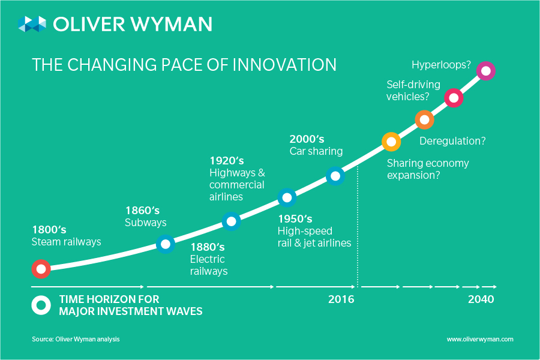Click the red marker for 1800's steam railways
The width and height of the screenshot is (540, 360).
click(x=41, y=269)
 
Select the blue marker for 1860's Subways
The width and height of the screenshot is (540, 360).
click(x=166, y=244)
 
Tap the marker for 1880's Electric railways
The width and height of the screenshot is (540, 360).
click(x=232, y=221)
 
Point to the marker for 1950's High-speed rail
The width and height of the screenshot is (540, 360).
click(x=287, y=197)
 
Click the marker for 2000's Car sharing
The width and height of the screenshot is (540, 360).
click(x=335, y=176)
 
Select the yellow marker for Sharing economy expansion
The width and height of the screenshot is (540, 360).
click(x=391, y=142)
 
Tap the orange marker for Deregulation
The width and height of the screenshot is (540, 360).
click(x=424, y=119)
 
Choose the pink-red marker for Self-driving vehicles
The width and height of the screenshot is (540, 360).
click(x=454, y=97)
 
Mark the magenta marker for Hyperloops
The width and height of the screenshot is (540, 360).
click(x=485, y=71)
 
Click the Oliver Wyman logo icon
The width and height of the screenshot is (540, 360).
click(x=32, y=24)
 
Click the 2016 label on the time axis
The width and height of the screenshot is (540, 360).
click(x=341, y=299)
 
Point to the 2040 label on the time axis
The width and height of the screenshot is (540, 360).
click(x=481, y=299)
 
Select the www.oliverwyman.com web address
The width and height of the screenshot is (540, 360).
click(x=480, y=339)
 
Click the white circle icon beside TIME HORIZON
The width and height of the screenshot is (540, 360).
click(x=41, y=305)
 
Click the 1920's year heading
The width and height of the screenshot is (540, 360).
click(x=227, y=161)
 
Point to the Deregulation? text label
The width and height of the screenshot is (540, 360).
click(x=452, y=142)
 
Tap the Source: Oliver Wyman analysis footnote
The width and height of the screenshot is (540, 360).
click(x=76, y=339)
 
